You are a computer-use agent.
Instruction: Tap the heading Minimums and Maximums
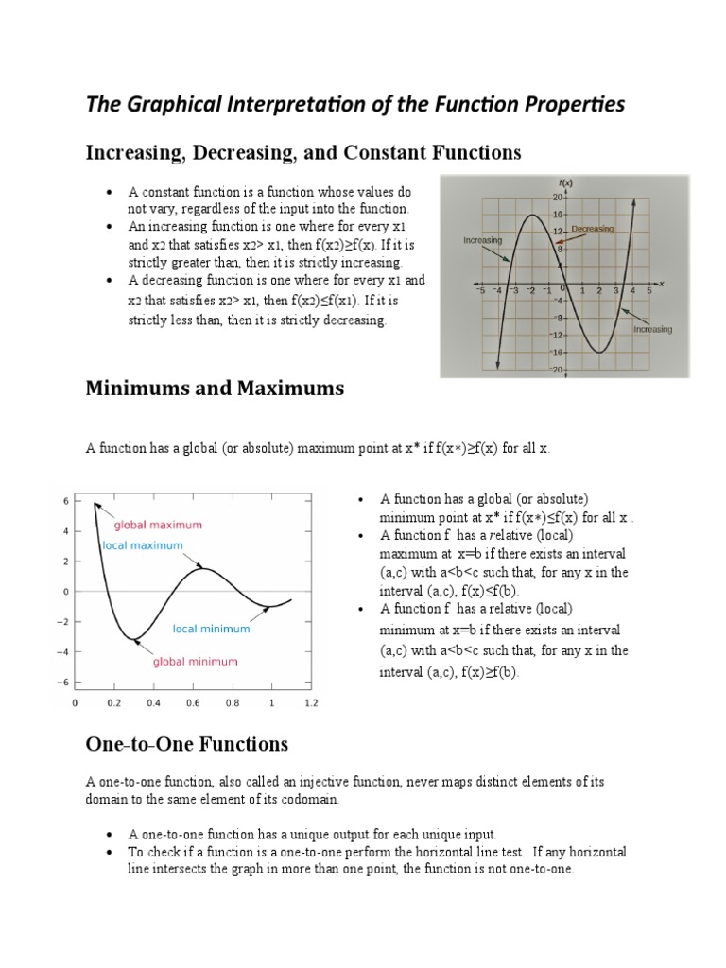(x=215, y=388)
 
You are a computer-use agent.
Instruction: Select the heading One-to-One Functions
(x=187, y=744)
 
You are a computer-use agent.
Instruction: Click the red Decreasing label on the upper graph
(x=593, y=229)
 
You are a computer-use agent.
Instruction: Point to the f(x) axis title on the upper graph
(x=566, y=182)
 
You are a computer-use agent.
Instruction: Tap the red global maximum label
(x=158, y=525)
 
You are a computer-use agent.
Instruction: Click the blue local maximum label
(x=144, y=545)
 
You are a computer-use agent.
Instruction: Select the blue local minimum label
(x=211, y=629)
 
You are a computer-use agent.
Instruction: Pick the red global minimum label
(x=196, y=662)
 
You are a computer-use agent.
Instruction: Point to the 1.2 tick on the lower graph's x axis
(x=311, y=703)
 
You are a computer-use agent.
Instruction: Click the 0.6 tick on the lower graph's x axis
(x=193, y=703)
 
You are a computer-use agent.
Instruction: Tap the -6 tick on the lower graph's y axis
(x=64, y=682)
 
